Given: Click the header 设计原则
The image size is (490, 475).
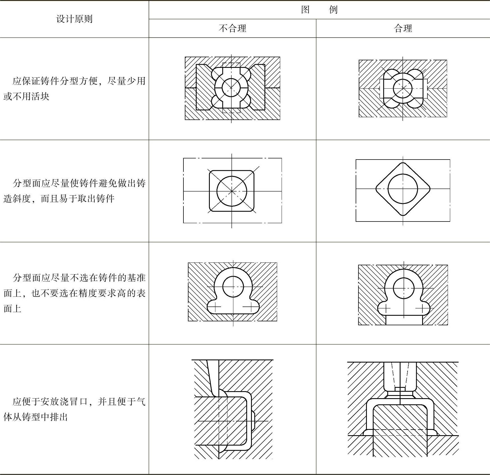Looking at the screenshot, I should (x=74, y=19).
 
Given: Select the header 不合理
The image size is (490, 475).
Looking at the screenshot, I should (x=232, y=28).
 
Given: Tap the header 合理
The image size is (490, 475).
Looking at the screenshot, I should (x=403, y=28).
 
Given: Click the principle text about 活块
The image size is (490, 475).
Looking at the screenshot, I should (x=74, y=89).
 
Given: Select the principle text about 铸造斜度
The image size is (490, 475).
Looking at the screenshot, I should (x=74, y=191).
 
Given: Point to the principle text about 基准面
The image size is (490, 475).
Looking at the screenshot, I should (x=74, y=293).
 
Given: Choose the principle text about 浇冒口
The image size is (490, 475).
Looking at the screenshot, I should (x=74, y=409).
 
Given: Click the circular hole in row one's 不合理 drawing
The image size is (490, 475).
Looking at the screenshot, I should (x=231, y=87).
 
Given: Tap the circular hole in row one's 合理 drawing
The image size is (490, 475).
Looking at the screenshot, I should (x=403, y=88).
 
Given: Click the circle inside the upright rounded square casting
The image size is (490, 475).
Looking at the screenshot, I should (x=232, y=191).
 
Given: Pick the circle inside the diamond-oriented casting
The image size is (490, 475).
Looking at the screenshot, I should (x=403, y=189).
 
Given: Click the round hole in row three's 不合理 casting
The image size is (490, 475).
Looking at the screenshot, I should (x=233, y=287).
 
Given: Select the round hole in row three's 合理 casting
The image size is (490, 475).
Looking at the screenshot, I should (x=404, y=288).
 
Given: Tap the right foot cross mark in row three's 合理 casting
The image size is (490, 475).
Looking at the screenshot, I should (x=422, y=309).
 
